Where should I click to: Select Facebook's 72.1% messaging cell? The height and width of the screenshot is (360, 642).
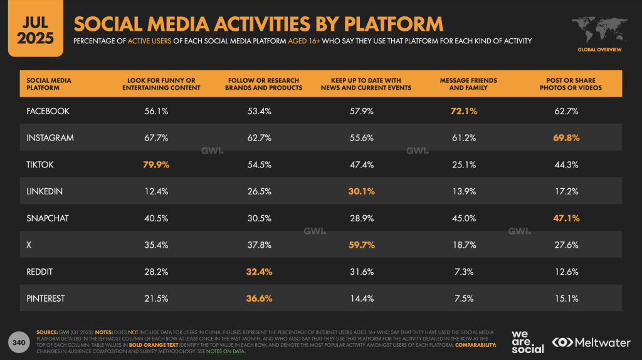coord(463,111)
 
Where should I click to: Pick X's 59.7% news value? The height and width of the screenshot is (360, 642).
coord(362,245)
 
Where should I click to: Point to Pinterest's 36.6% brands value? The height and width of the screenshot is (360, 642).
coord(259,299)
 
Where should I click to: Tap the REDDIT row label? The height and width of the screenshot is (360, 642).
coord(41,272)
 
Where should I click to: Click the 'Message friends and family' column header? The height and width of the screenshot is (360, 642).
coord(468,84)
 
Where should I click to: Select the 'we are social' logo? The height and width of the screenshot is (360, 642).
coord(527,341)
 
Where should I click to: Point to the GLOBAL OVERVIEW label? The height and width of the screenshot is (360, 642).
coord(599,49)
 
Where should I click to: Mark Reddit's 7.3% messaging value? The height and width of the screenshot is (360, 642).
coord(463,272)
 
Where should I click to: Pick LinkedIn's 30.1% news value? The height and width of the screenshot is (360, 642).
coord(362,192)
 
